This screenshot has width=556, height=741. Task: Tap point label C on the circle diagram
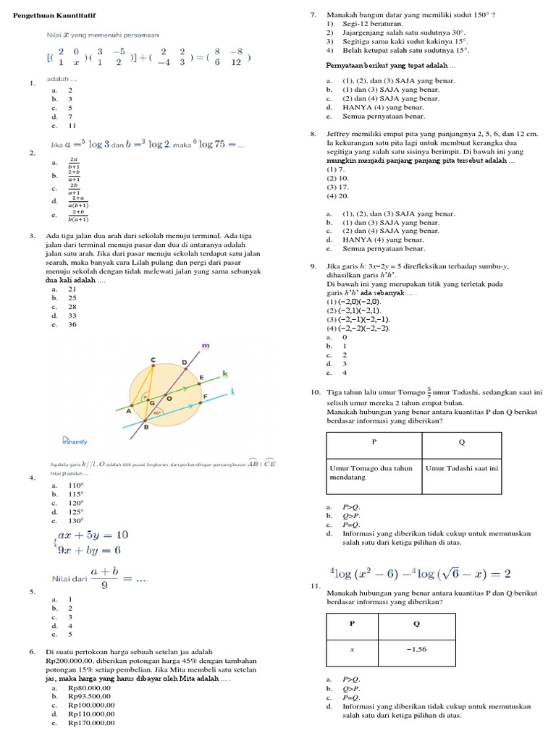pyautogui.click(x=153, y=359)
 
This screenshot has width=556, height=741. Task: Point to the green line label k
pyautogui.click(x=224, y=373)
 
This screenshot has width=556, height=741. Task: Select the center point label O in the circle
pyautogui.click(x=169, y=398)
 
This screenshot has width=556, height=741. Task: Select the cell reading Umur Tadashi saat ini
pyautogui.click(x=461, y=469)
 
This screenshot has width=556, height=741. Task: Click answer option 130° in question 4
pyautogui.click(x=76, y=520)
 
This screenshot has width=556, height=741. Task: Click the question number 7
pyautogui.click(x=313, y=14)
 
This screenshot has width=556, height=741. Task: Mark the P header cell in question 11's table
pyautogui.click(x=352, y=622)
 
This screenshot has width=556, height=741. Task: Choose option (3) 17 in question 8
pyautogui.click(x=337, y=187)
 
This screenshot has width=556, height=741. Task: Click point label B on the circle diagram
pyautogui.click(x=147, y=427)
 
